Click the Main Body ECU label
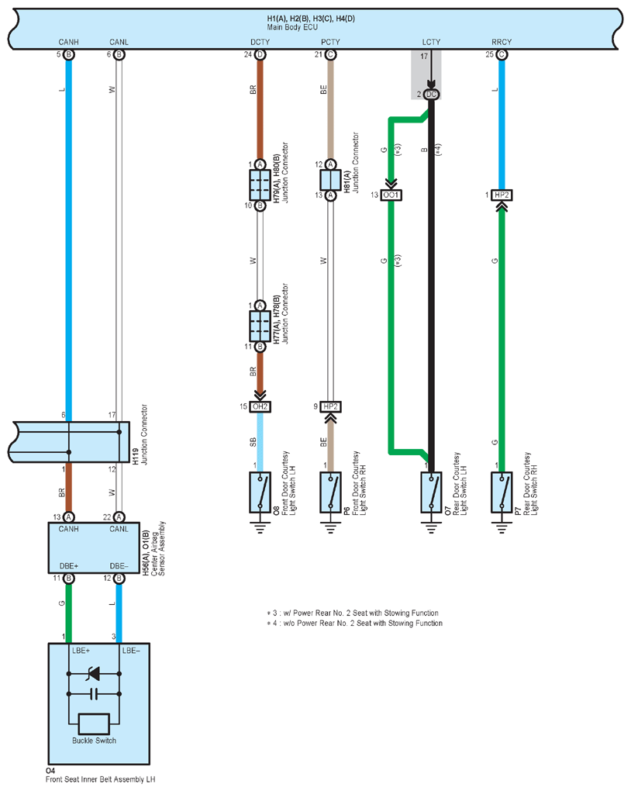(292, 27)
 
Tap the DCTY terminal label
(260, 42)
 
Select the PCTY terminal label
(330, 42)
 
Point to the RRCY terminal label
(502, 42)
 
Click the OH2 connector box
(260, 406)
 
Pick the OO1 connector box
(391, 195)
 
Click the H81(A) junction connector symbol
(330, 180)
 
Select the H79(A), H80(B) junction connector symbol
(260, 185)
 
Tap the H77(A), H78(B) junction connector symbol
(260, 326)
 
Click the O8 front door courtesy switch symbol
(260, 492)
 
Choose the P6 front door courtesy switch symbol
(330, 492)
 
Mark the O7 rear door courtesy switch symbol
(431, 492)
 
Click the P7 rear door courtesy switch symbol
(502, 492)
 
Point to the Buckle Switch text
(94, 741)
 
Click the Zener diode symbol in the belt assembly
(93, 673)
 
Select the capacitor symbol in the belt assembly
(94, 694)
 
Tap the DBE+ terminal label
(68, 566)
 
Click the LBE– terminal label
(131, 651)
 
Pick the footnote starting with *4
(354, 623)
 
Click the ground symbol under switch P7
(502, 527)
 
